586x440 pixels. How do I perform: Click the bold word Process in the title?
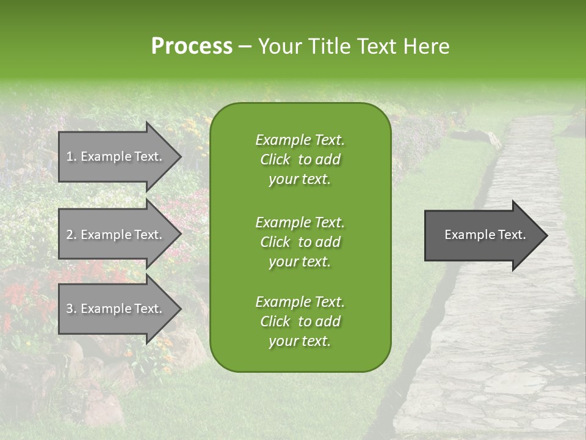click(192, 46)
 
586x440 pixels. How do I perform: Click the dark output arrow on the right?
click(482, 235)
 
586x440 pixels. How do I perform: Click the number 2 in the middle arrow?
click(70, 235)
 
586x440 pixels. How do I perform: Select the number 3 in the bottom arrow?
click(70, 309)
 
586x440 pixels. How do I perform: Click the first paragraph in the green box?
click(300, 159)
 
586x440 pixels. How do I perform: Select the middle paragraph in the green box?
click(300, 242)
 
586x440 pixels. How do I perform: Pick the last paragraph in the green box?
click(300, 321)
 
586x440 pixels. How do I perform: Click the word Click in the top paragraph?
click(275, 159)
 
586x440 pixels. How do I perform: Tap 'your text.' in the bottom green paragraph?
click(300, 342)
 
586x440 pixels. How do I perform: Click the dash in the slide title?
click(245, 47)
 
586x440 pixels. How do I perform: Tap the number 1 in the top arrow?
click(70, 156)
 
